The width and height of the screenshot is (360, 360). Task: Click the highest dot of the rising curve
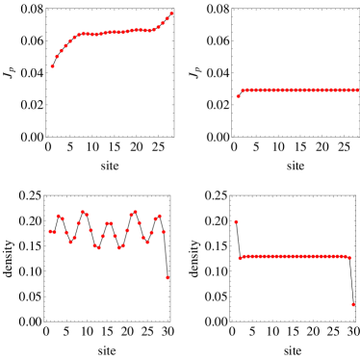(171, 13)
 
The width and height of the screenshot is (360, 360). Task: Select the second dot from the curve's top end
(167, 18)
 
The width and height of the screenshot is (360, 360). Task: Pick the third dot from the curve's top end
(164, 22)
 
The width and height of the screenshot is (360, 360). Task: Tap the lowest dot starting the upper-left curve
(53, 66)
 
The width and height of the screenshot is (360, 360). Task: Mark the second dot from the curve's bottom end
(57, 57)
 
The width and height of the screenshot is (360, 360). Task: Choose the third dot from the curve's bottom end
(62, 51)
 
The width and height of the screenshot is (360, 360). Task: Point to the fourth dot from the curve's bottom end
(65, 46)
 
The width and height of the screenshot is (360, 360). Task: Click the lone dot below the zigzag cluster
(167, 278)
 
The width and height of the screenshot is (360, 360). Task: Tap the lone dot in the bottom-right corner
(353, 304)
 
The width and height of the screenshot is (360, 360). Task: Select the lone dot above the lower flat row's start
(236, 222)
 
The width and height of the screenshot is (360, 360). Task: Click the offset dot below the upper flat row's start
(239, 96)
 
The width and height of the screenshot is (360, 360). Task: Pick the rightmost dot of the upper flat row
(357, 90)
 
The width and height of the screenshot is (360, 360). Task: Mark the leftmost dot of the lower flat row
(240, 258)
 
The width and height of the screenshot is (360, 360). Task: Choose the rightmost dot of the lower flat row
(349, 258)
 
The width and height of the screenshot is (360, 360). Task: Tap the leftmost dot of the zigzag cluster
(51, 231)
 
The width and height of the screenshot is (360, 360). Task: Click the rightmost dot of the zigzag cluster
(164, 232)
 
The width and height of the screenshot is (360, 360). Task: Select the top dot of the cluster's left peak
(83, 212)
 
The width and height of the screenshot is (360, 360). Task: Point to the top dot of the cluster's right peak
(136, 212)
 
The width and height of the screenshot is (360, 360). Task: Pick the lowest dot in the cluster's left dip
(98, 247)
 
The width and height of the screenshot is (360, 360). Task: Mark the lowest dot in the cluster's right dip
(119, 247)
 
